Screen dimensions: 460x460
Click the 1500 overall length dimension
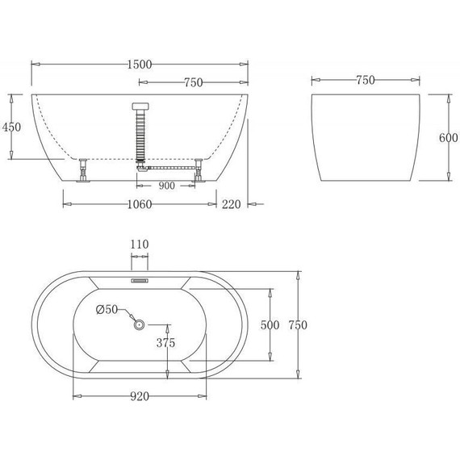coord(140,64)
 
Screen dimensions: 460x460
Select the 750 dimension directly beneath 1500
coord(193,83)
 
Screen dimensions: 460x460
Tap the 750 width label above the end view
coord(365,80)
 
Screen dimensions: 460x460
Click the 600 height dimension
coord(448,137)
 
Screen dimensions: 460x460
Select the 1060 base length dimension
coord(140,204)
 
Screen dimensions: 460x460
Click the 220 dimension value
coord(232,204)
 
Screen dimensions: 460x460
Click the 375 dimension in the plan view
coord(166,342)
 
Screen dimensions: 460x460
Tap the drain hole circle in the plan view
coord(139,325)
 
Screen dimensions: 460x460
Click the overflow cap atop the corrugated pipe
coord(140,105)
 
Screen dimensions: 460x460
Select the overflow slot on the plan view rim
coord(140,282)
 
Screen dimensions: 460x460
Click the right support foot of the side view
coord(198,172)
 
